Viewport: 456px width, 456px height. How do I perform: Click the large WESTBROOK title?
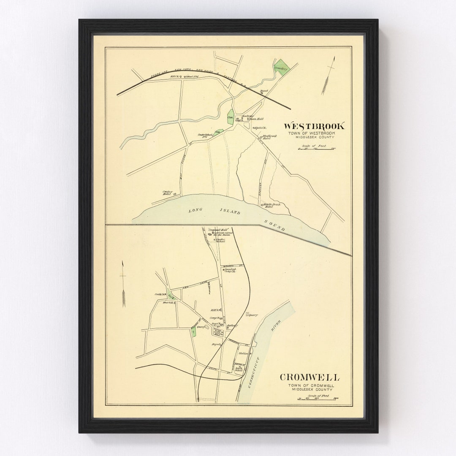pos(314,126)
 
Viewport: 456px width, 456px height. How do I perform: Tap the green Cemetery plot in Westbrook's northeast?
pos(280,68)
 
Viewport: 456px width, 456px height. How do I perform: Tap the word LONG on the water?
pos(197,210)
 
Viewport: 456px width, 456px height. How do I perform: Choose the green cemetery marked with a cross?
pos(193,333)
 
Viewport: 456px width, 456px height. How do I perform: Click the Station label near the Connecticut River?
pos(243,353)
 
